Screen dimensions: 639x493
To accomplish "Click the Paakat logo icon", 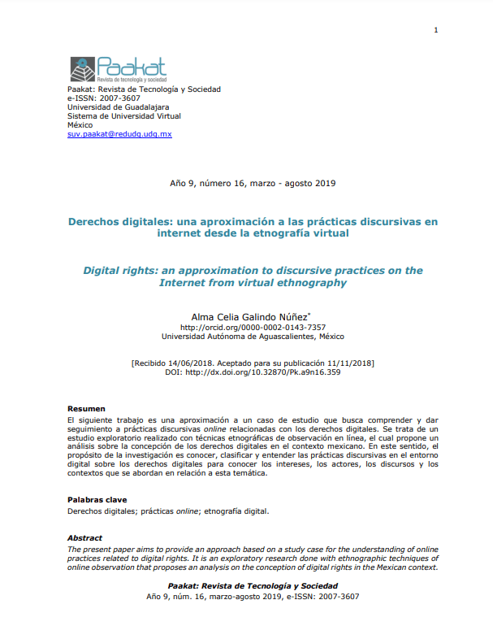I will (x=83, y=70).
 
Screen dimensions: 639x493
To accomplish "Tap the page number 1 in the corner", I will (x=436, y=31).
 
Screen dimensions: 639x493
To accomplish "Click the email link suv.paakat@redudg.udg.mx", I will (x=119, y=133).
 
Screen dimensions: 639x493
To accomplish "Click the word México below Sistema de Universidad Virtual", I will (x=80, y=124).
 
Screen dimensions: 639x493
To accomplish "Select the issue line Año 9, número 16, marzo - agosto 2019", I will (x=252, y=183).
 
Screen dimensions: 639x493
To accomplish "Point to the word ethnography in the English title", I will (x=311, y=283).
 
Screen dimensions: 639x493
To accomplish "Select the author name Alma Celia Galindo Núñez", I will (x=250, y=316).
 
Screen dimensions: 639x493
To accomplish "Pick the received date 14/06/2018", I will (x=200, y=363).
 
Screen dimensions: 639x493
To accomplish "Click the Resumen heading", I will (x=85, y=407).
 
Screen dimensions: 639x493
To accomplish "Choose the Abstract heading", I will (x=84, y=538).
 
